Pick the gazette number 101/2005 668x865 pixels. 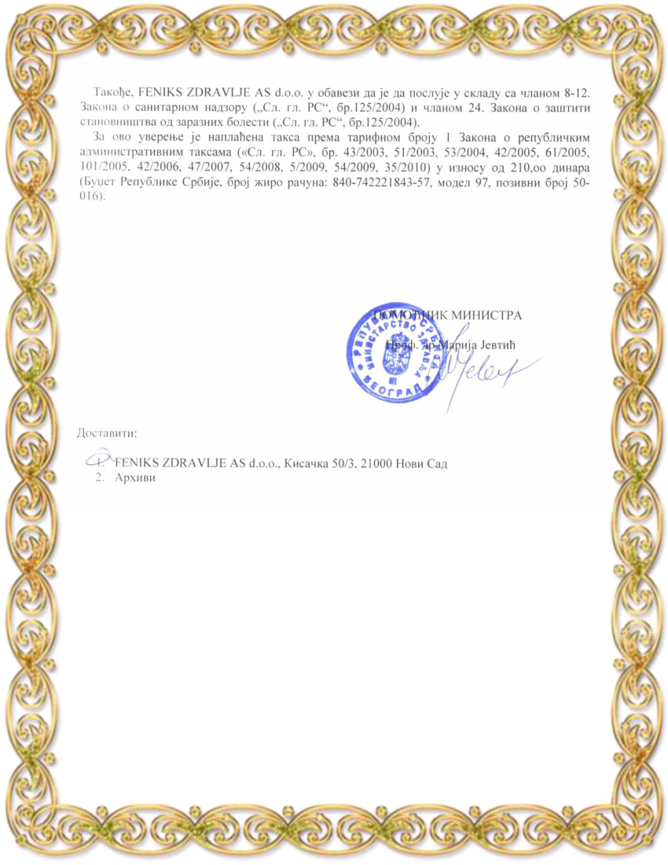point(97,167)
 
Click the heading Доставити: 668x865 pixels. point(107,433)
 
